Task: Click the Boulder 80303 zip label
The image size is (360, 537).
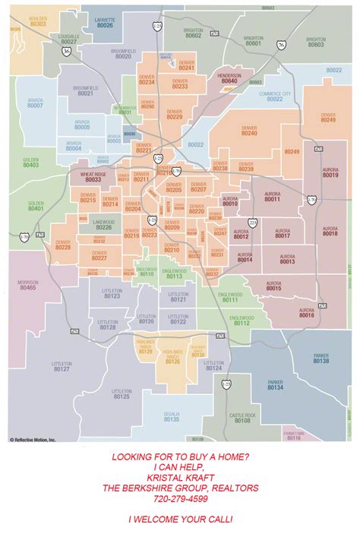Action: (x=38, y=21)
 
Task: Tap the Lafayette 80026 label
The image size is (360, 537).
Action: (x=105, y=23)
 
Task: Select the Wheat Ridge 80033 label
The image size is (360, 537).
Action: (x=93, y=177)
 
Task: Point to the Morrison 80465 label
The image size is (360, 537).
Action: (x=28, y=285)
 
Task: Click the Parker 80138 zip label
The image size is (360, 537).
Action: (x=321, y=358)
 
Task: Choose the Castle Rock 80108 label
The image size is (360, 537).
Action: (x=242, y=417)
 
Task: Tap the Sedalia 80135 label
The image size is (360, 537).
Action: (x=172, y=416)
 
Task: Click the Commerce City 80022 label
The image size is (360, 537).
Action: (x=274, y=96)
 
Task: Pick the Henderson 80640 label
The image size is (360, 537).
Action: (x=229, y=78)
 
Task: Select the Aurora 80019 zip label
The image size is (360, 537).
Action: (x=330, y=172)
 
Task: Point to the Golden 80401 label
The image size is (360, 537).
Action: (x=36, y=206)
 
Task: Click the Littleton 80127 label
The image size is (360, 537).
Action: (x=62, y=366)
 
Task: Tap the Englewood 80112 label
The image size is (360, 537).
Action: (x=242, y=321)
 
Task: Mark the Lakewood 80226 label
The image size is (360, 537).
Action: (x=104, y=225)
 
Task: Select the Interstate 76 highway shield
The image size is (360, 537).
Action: (x=282, y=45)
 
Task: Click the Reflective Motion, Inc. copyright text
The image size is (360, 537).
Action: (x=33, y=439)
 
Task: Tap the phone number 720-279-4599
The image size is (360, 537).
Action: (x=180, y=499)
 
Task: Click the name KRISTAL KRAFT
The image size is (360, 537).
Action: (x=180, y=477)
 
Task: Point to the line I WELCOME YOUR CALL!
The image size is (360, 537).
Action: (x=180, y=520)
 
